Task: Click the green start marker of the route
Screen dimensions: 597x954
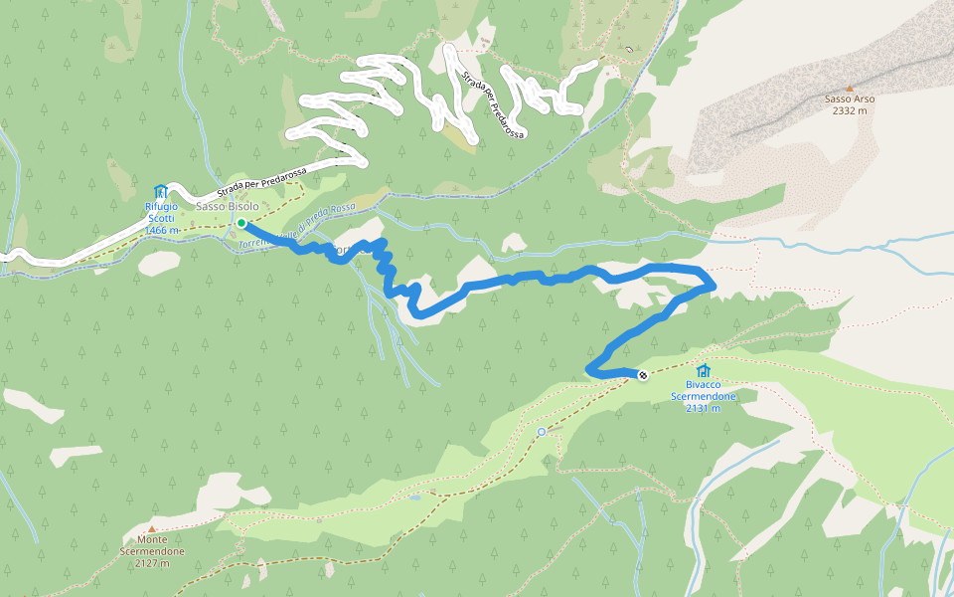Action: pos(241,224)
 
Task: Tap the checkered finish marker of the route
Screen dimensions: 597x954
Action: pos(643,375)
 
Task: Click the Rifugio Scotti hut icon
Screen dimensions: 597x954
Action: pos(161,191)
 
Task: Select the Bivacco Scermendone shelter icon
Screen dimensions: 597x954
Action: pos(704,371)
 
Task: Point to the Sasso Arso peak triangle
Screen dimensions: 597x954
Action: pos(849,88)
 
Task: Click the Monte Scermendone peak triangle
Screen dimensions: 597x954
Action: pos(152,528)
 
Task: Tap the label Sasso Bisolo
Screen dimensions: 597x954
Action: pos(227,206)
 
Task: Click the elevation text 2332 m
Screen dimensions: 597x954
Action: pos(850,110)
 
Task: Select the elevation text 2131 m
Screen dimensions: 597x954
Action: pos(704,408)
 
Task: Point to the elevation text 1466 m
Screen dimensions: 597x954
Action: pos(161,230)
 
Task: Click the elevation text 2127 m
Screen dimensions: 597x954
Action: pos(152,563)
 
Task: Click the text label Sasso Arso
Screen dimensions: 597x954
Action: pos(850,99)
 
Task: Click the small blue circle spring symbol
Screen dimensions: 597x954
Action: pos(541,431)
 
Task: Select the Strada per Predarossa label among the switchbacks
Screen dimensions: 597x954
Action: pos(492,103)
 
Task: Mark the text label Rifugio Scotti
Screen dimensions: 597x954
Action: pos(161,212)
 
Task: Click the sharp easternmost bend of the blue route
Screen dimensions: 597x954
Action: pos(713,286)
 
